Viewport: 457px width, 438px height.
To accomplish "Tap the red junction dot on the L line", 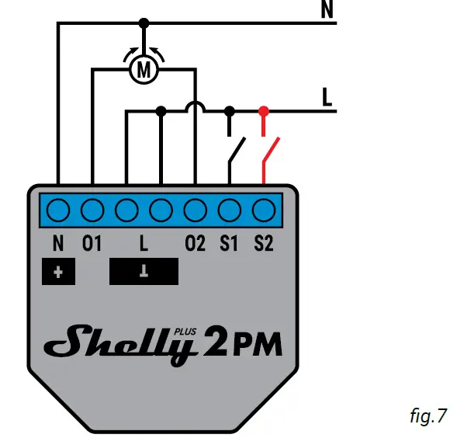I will coord(264,111).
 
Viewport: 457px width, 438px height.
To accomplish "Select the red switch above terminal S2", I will coord(269,151).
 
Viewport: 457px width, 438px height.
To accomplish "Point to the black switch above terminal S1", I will coord(236,151).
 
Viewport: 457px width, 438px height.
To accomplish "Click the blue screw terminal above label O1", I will coord(92,209).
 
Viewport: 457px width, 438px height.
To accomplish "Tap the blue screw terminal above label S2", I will coord(265,209).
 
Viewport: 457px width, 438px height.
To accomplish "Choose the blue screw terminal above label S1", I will coord(230,209).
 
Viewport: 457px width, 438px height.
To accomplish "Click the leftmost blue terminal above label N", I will coord(58,209).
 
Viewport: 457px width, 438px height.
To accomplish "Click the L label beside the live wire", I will coord(327,98).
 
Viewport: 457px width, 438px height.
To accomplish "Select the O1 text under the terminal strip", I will coord(92,244).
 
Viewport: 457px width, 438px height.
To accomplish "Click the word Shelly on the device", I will coord(124,342).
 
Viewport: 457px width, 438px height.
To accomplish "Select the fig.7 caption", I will coord(428,416).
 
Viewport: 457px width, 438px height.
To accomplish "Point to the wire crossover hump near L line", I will coord(195,107).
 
